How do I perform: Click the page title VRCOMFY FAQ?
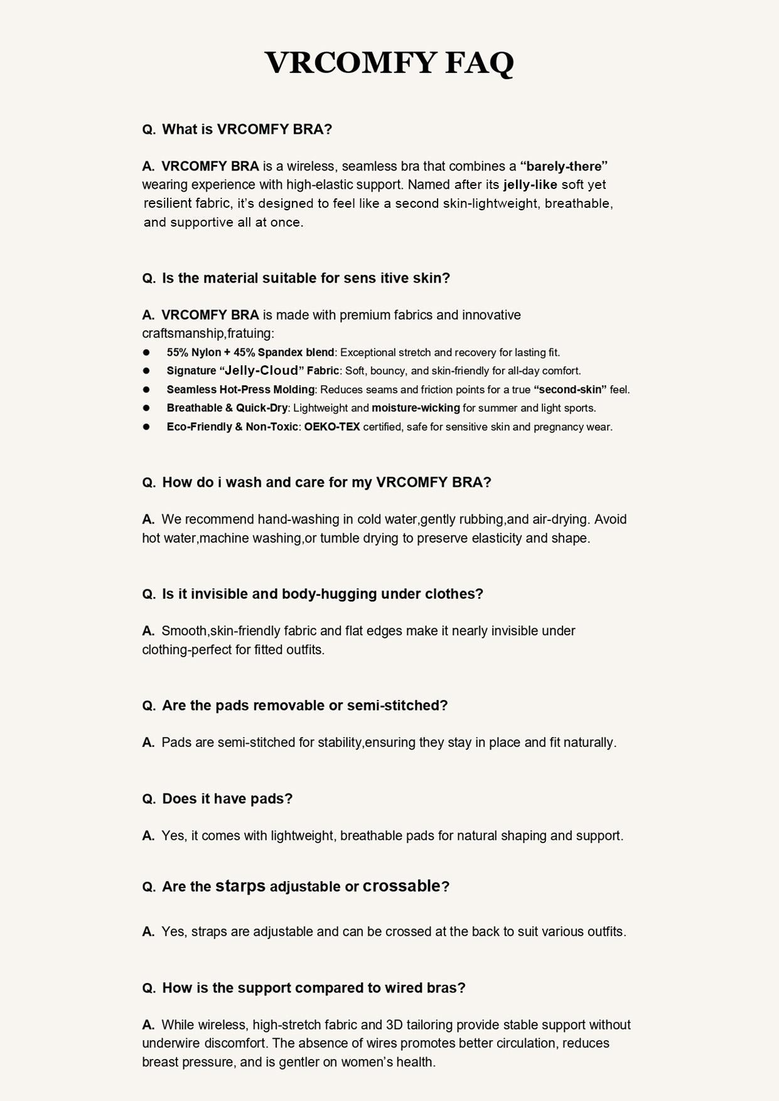(389, 63)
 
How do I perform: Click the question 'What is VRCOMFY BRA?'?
(247, 129)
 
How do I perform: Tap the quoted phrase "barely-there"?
(564, 166)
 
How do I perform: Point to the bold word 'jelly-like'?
(530, 185)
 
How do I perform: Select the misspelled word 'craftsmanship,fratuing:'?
(208, 333)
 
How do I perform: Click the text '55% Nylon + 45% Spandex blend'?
(250, 352)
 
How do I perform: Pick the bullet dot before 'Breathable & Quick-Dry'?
(146, 408)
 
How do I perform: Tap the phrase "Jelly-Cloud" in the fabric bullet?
(261, 370)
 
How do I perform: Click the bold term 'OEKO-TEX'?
(332, 427)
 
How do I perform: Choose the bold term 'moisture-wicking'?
(416, 408)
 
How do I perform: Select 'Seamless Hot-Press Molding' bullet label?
(240, 390)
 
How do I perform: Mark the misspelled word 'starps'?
(240, 886)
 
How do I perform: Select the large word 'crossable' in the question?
(402, 886)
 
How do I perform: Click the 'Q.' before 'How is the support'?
(149, 988)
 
